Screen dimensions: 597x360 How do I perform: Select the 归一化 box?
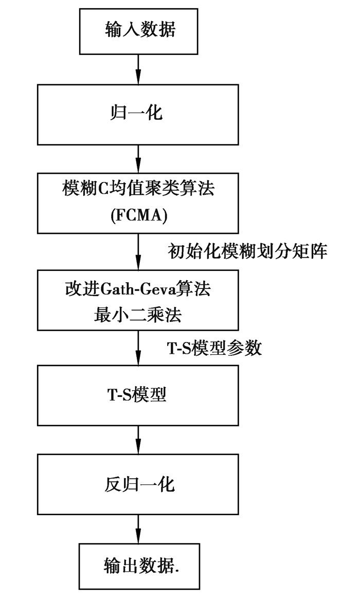[138, 113]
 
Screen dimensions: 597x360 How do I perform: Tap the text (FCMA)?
[138, 216]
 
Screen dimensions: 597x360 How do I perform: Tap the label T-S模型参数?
[215, 348]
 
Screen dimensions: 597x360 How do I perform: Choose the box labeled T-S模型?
[138, 394]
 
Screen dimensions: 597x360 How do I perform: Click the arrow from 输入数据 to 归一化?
[138, 68]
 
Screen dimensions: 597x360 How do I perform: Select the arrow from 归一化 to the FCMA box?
[138, 158]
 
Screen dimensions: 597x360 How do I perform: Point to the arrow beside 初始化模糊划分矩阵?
[138, 252]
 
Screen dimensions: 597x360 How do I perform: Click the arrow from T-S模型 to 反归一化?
[138, 440]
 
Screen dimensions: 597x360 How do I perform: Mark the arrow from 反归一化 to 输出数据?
[138, 527]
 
